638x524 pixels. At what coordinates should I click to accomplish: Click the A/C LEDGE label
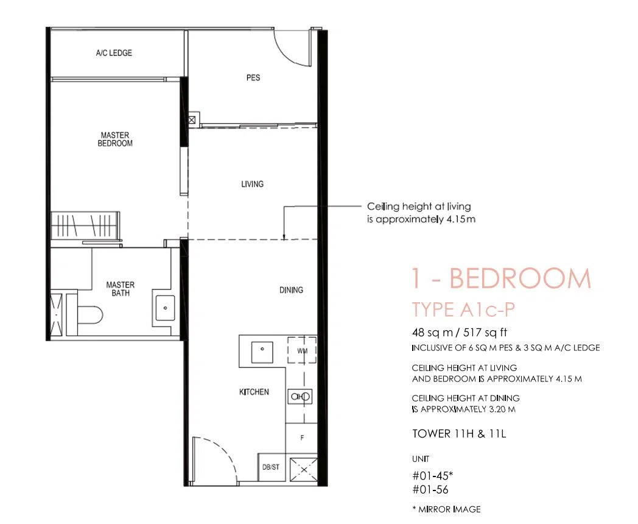tap(114, 53)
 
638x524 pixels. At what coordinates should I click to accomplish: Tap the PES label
tap(253, 77)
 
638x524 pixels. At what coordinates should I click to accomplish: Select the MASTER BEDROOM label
tap(115, 139)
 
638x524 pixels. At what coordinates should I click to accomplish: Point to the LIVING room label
tap(252, 184)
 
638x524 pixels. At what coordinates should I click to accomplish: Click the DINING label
tap(291, 290)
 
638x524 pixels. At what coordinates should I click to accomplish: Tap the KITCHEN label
tap(254, 392)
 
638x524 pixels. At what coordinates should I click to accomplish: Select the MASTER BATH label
tap(121, 289)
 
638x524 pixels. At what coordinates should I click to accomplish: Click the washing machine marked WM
tap(302, 350)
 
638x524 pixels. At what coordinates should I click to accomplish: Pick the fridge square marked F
tap(301, 438)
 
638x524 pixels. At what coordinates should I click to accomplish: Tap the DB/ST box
tap(271, 467)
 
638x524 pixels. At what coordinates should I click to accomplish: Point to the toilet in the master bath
tap(89, 315)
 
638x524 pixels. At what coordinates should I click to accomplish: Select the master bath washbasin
tap(165, 308)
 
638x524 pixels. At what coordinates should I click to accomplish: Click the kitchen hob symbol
tap(300, 397)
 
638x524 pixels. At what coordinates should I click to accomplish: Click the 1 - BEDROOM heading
tap(501, 278)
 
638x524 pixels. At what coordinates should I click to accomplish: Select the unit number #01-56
tap(430, 489)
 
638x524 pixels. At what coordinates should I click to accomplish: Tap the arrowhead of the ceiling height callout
tap(284, 238)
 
